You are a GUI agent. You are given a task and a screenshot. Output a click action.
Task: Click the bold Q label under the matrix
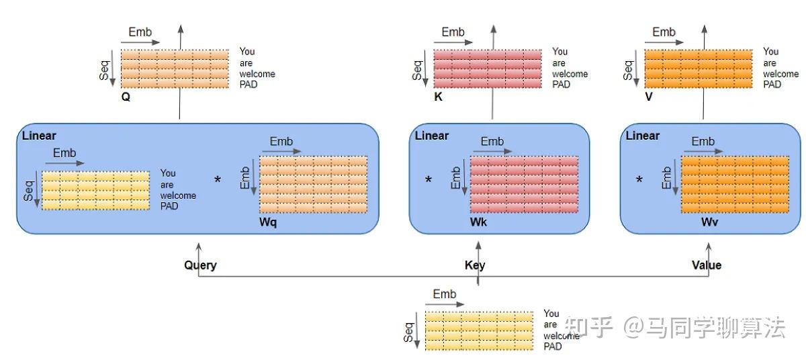(x=126, y=97)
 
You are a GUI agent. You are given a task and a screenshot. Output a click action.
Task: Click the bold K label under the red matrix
(x=438, y=97)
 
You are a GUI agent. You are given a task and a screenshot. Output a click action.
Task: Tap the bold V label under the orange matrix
(x=649, y=97)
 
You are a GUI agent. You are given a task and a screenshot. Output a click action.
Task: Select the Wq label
(x=268, y=222)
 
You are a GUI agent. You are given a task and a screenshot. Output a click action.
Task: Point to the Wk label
(x=478, y=222)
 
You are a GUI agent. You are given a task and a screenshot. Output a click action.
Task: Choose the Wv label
(x=709, y=222)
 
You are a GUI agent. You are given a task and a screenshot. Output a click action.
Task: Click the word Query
(x=200, y=265)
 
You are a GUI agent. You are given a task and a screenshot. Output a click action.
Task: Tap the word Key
(x=475, y=265)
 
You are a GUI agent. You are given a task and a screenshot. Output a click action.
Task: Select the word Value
(x=707, y=265)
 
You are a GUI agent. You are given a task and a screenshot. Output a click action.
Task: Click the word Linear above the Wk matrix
(x=432, y=136)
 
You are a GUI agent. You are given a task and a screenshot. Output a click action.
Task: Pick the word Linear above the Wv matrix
(x=643, y=136)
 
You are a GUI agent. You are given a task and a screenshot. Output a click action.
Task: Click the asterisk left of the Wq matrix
(x=218, y=179)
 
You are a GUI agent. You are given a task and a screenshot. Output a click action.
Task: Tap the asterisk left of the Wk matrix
(x=429, y=179)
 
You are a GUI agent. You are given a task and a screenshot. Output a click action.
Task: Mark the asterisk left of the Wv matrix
(x=639, y=179)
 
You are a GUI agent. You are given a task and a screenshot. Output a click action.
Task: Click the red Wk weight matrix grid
(x=525, y=185)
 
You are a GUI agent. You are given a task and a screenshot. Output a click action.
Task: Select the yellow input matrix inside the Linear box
(x=95, y=191)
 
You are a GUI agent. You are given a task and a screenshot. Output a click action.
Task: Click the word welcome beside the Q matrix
(x=257, y=74)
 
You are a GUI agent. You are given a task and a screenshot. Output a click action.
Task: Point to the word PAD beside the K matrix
(x=562, y=85)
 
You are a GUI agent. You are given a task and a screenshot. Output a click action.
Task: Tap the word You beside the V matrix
(x=771, y=52)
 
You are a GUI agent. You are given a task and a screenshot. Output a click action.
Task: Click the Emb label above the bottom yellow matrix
(x=445, y=294)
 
